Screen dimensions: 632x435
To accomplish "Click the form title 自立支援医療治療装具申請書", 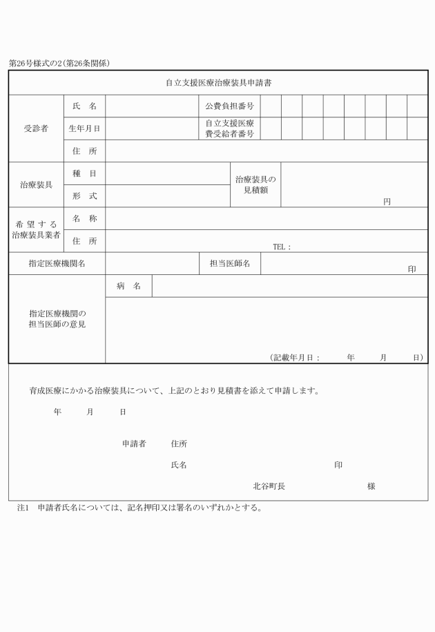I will [x=217, y=83].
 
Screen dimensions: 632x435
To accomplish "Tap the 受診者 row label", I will [x=36, y=128].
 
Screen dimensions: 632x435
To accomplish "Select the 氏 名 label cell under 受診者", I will [x=84, y=106].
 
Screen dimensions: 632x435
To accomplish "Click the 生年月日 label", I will [x=84, y=128].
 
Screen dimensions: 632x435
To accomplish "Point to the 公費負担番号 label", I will [x=229, y=106].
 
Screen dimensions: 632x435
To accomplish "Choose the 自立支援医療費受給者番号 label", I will [x=229, y=128].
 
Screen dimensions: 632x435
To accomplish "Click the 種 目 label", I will [x=84, y=173].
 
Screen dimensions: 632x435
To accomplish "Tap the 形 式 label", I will [x=84, y=195].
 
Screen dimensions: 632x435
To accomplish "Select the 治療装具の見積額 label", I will [x=255, y=184].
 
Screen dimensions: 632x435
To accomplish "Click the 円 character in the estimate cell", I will [x=387, y=202].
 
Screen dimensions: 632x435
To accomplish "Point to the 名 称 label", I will [x=84, y=218].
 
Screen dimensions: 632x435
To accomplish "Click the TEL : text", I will [x=282, y=247].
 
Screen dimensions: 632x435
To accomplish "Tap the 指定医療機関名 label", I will [x=57, y=263].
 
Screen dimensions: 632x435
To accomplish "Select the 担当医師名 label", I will [x=229, y=263].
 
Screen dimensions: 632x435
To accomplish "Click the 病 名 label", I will [x=128, y=286].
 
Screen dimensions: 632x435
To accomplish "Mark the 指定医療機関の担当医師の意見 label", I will [x=57, y=318].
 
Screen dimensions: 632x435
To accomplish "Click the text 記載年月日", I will [x=293, y=357].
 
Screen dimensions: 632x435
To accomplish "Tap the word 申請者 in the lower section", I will [x=134, y=443].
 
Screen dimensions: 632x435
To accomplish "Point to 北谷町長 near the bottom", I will [x=269, y=486].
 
